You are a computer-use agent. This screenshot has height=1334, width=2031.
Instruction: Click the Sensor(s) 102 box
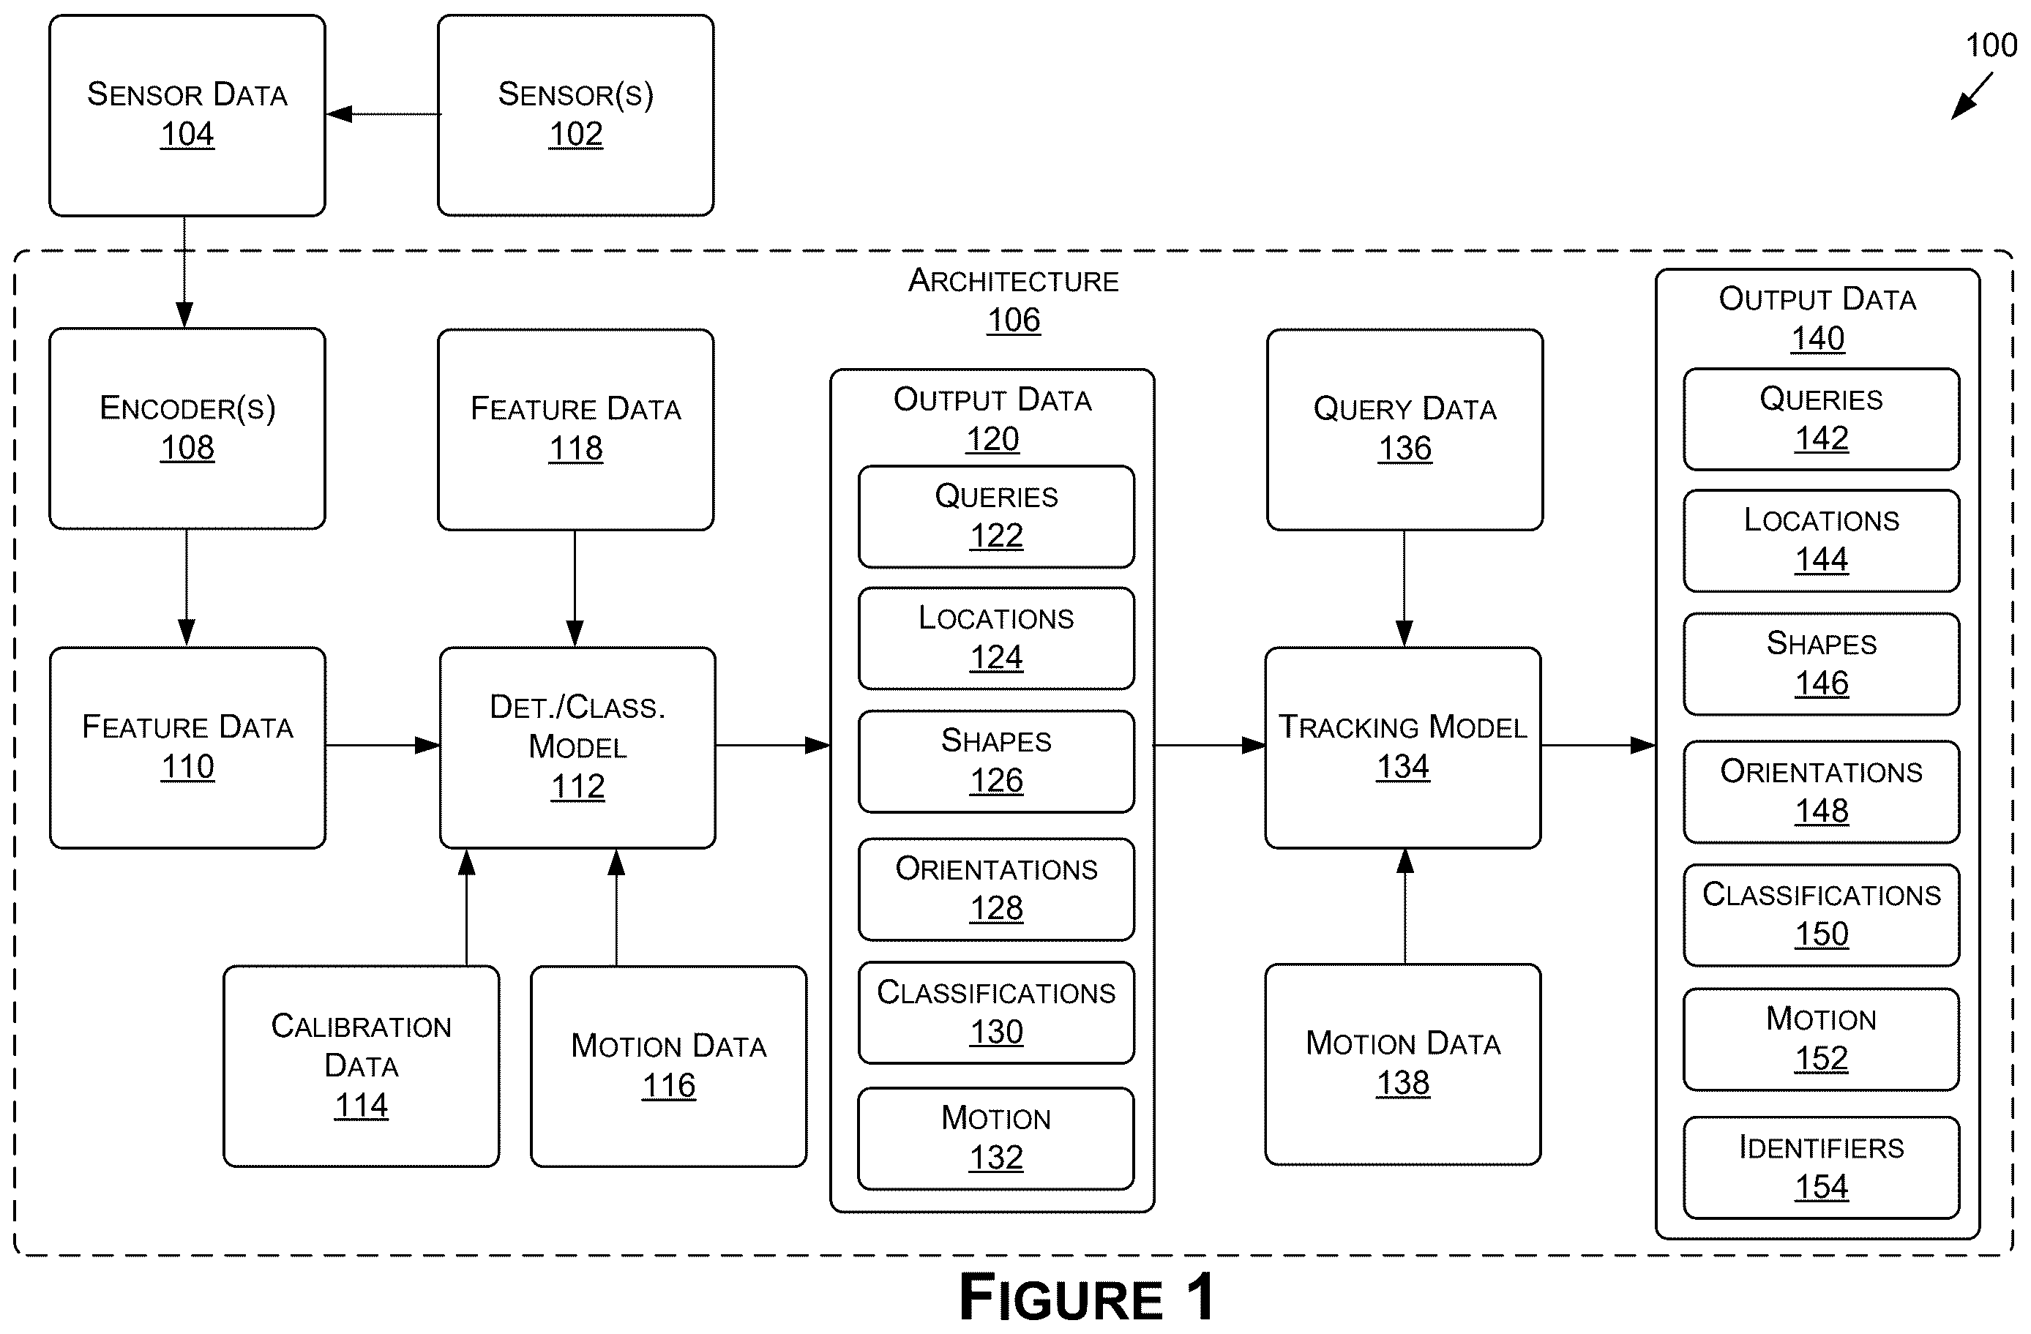pos(576,115)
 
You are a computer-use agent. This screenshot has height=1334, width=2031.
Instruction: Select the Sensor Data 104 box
pos(187,115)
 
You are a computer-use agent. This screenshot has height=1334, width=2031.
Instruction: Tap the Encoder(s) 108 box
pos(187,429)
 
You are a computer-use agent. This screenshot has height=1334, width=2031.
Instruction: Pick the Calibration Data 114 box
pos(361,1066)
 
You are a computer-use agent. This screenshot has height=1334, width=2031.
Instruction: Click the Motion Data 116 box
pos(668,1066)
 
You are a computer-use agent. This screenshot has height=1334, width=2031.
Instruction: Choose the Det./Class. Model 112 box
pos(577,748)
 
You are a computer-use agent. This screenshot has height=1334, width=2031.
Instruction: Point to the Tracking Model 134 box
pos(1403,748)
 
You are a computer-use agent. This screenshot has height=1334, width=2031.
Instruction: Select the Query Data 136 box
pos(1405,430)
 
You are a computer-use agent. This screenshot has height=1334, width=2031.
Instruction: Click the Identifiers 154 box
pos(1821,1168)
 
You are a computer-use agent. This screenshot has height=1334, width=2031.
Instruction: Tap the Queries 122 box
pos(996,517)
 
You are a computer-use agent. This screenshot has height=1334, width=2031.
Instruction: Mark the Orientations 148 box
pos(1821,792)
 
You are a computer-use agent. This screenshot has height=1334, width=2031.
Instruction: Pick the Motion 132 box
pos(996,1139)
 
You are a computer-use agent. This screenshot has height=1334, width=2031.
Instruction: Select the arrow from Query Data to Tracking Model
pos(1404,588)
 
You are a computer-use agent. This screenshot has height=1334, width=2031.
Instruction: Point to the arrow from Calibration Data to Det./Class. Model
pos(467,907)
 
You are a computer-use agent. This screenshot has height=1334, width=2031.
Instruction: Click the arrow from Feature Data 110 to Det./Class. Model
pos(382,746)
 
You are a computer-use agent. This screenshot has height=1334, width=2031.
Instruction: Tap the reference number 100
pos(1991,45)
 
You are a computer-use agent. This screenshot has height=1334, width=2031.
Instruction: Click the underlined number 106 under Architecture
pos(1014,320)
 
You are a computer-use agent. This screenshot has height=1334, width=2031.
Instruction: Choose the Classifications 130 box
pos(996,1013)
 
